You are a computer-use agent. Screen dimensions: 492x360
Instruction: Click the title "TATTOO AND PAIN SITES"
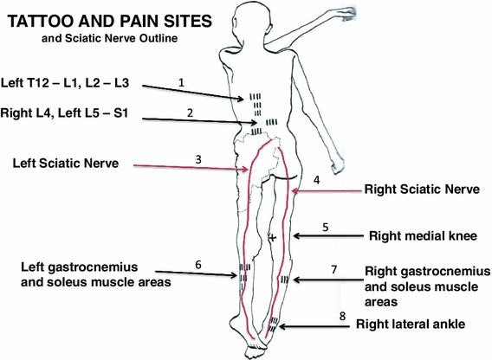click(109, 22)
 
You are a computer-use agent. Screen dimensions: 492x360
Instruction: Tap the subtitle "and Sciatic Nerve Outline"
click(109, 38)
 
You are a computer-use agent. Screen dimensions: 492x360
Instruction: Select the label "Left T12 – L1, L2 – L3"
click(65, 83)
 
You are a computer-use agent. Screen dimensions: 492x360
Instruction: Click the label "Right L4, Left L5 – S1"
click(64, 112)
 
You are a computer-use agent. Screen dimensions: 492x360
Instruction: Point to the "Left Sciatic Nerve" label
click(66, 163)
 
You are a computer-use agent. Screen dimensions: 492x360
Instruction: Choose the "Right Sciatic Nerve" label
click(422, 190)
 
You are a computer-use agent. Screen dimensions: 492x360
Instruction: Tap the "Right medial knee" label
click(423, 236)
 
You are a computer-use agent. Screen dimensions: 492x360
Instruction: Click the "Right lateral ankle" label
click(411, 324)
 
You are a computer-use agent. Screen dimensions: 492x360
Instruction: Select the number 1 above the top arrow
click(181, 82)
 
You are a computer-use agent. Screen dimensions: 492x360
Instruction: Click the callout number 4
click(317, 180)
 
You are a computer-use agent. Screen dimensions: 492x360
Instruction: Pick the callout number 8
click(342, 316)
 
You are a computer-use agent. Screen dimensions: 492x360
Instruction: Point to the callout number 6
click(198, 265)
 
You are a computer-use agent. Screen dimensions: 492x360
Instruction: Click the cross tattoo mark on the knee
click(273, 238)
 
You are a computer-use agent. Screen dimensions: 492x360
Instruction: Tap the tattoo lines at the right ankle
click(274, 325)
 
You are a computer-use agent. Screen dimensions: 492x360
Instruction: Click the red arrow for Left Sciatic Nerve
click(191, 168)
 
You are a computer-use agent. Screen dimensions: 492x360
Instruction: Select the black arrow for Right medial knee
click(328, 236)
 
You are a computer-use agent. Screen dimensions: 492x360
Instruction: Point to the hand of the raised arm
click(347, 13)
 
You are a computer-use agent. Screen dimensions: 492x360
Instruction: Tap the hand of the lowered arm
click(337, 164)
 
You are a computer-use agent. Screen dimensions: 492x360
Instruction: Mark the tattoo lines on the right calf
click(285, 280)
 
